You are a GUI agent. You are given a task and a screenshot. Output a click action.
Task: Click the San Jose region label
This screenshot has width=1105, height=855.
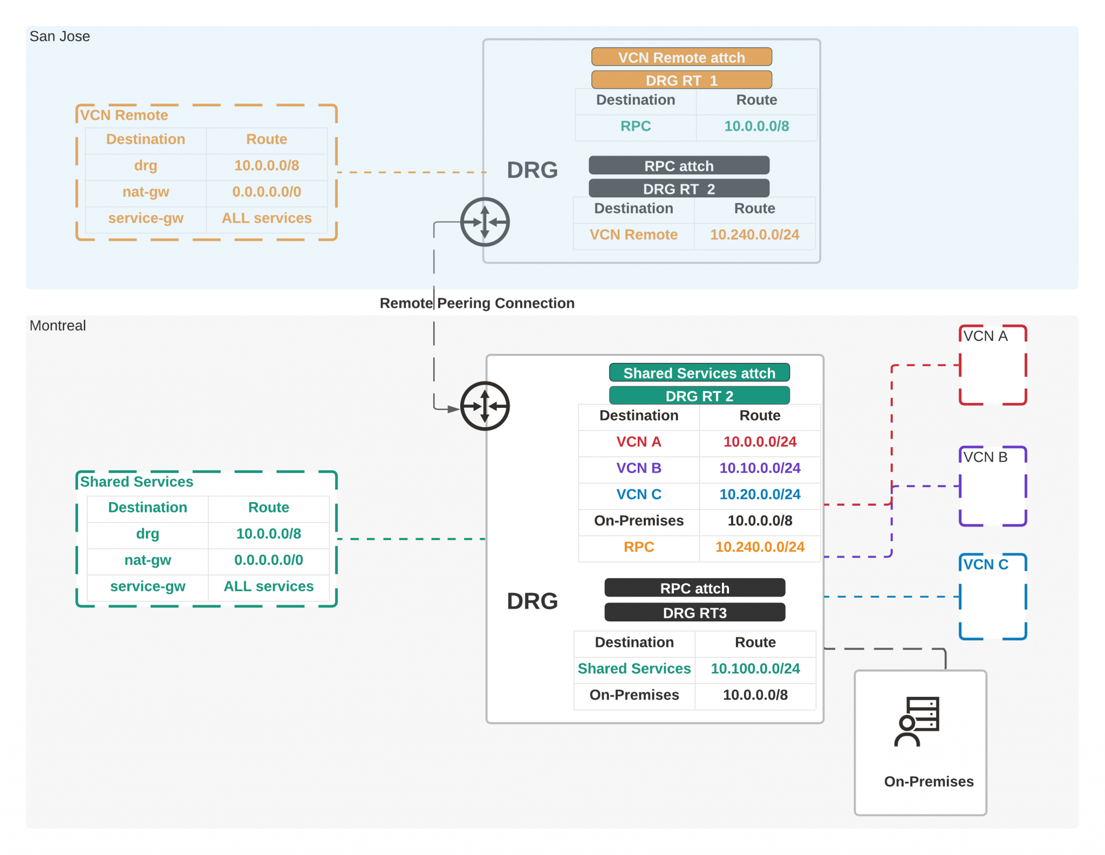tap(59, 36)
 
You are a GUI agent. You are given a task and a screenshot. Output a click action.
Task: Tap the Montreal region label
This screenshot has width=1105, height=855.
tap(57, 325)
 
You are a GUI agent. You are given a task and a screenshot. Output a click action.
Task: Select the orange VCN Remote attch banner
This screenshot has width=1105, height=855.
tap(681, 57)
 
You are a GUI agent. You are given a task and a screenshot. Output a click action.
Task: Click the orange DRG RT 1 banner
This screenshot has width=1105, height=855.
tap(681, 80)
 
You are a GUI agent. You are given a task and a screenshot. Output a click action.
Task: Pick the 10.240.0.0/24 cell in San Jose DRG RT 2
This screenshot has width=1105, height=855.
tap(754, 235)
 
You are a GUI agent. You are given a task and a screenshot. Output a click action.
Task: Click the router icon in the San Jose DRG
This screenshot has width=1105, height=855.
tap(485, 222)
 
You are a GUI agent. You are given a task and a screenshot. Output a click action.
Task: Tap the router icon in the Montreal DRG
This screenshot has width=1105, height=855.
tap(485, 406)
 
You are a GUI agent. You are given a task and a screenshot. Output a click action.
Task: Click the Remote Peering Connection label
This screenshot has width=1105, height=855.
tap(477, 303)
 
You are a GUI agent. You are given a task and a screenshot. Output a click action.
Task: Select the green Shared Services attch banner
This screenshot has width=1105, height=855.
tap(699, 373)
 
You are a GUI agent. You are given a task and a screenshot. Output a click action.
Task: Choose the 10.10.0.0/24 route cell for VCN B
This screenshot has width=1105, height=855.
tap(759, 468)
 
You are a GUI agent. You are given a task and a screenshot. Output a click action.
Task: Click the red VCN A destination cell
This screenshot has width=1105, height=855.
tap(638, 442)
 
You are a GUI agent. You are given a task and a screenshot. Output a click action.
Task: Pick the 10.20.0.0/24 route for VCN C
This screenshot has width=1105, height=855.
tap(759, 494)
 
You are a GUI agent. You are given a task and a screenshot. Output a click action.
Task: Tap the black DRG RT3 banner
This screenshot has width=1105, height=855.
tap(694, 613)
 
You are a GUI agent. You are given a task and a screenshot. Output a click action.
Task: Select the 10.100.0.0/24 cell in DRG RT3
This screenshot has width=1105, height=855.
tap(755, 668)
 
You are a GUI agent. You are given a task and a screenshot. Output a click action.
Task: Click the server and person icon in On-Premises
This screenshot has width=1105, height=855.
tap(917, 721)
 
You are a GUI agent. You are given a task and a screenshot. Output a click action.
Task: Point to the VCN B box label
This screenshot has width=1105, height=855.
tap(985, 457)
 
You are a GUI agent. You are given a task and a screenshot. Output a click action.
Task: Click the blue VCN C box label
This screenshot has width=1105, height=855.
tap(985, 564)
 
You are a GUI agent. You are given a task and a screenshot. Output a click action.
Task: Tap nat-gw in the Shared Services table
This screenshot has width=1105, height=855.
tap(147, 560)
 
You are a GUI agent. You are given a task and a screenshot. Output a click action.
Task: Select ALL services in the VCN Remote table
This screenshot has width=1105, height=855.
tap(267, 218)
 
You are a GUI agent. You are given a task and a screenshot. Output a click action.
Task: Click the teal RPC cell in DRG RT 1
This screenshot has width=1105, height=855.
tap(635, 126)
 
